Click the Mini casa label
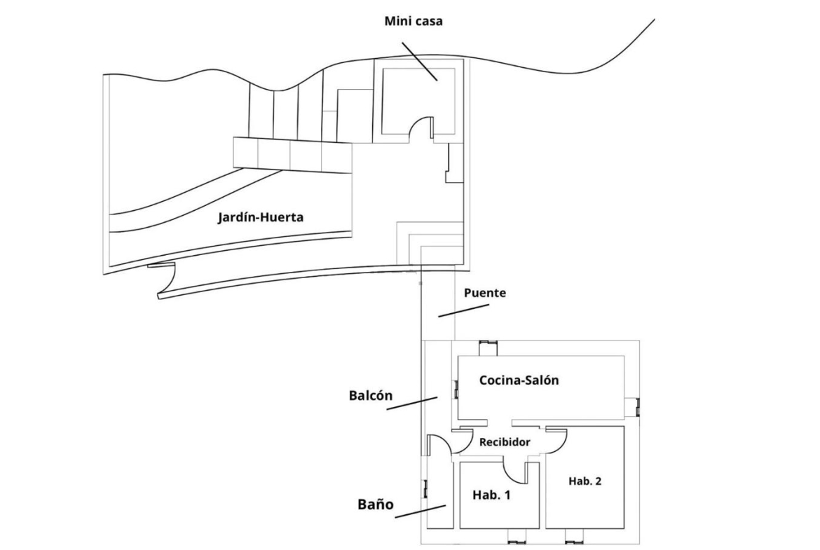tap(414, 21)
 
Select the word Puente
tap(484, 293)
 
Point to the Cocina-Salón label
tap(519, 380)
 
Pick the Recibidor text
tap(504, 443)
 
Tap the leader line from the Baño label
tap(421, 511)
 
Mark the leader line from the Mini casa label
tap(421, 61)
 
